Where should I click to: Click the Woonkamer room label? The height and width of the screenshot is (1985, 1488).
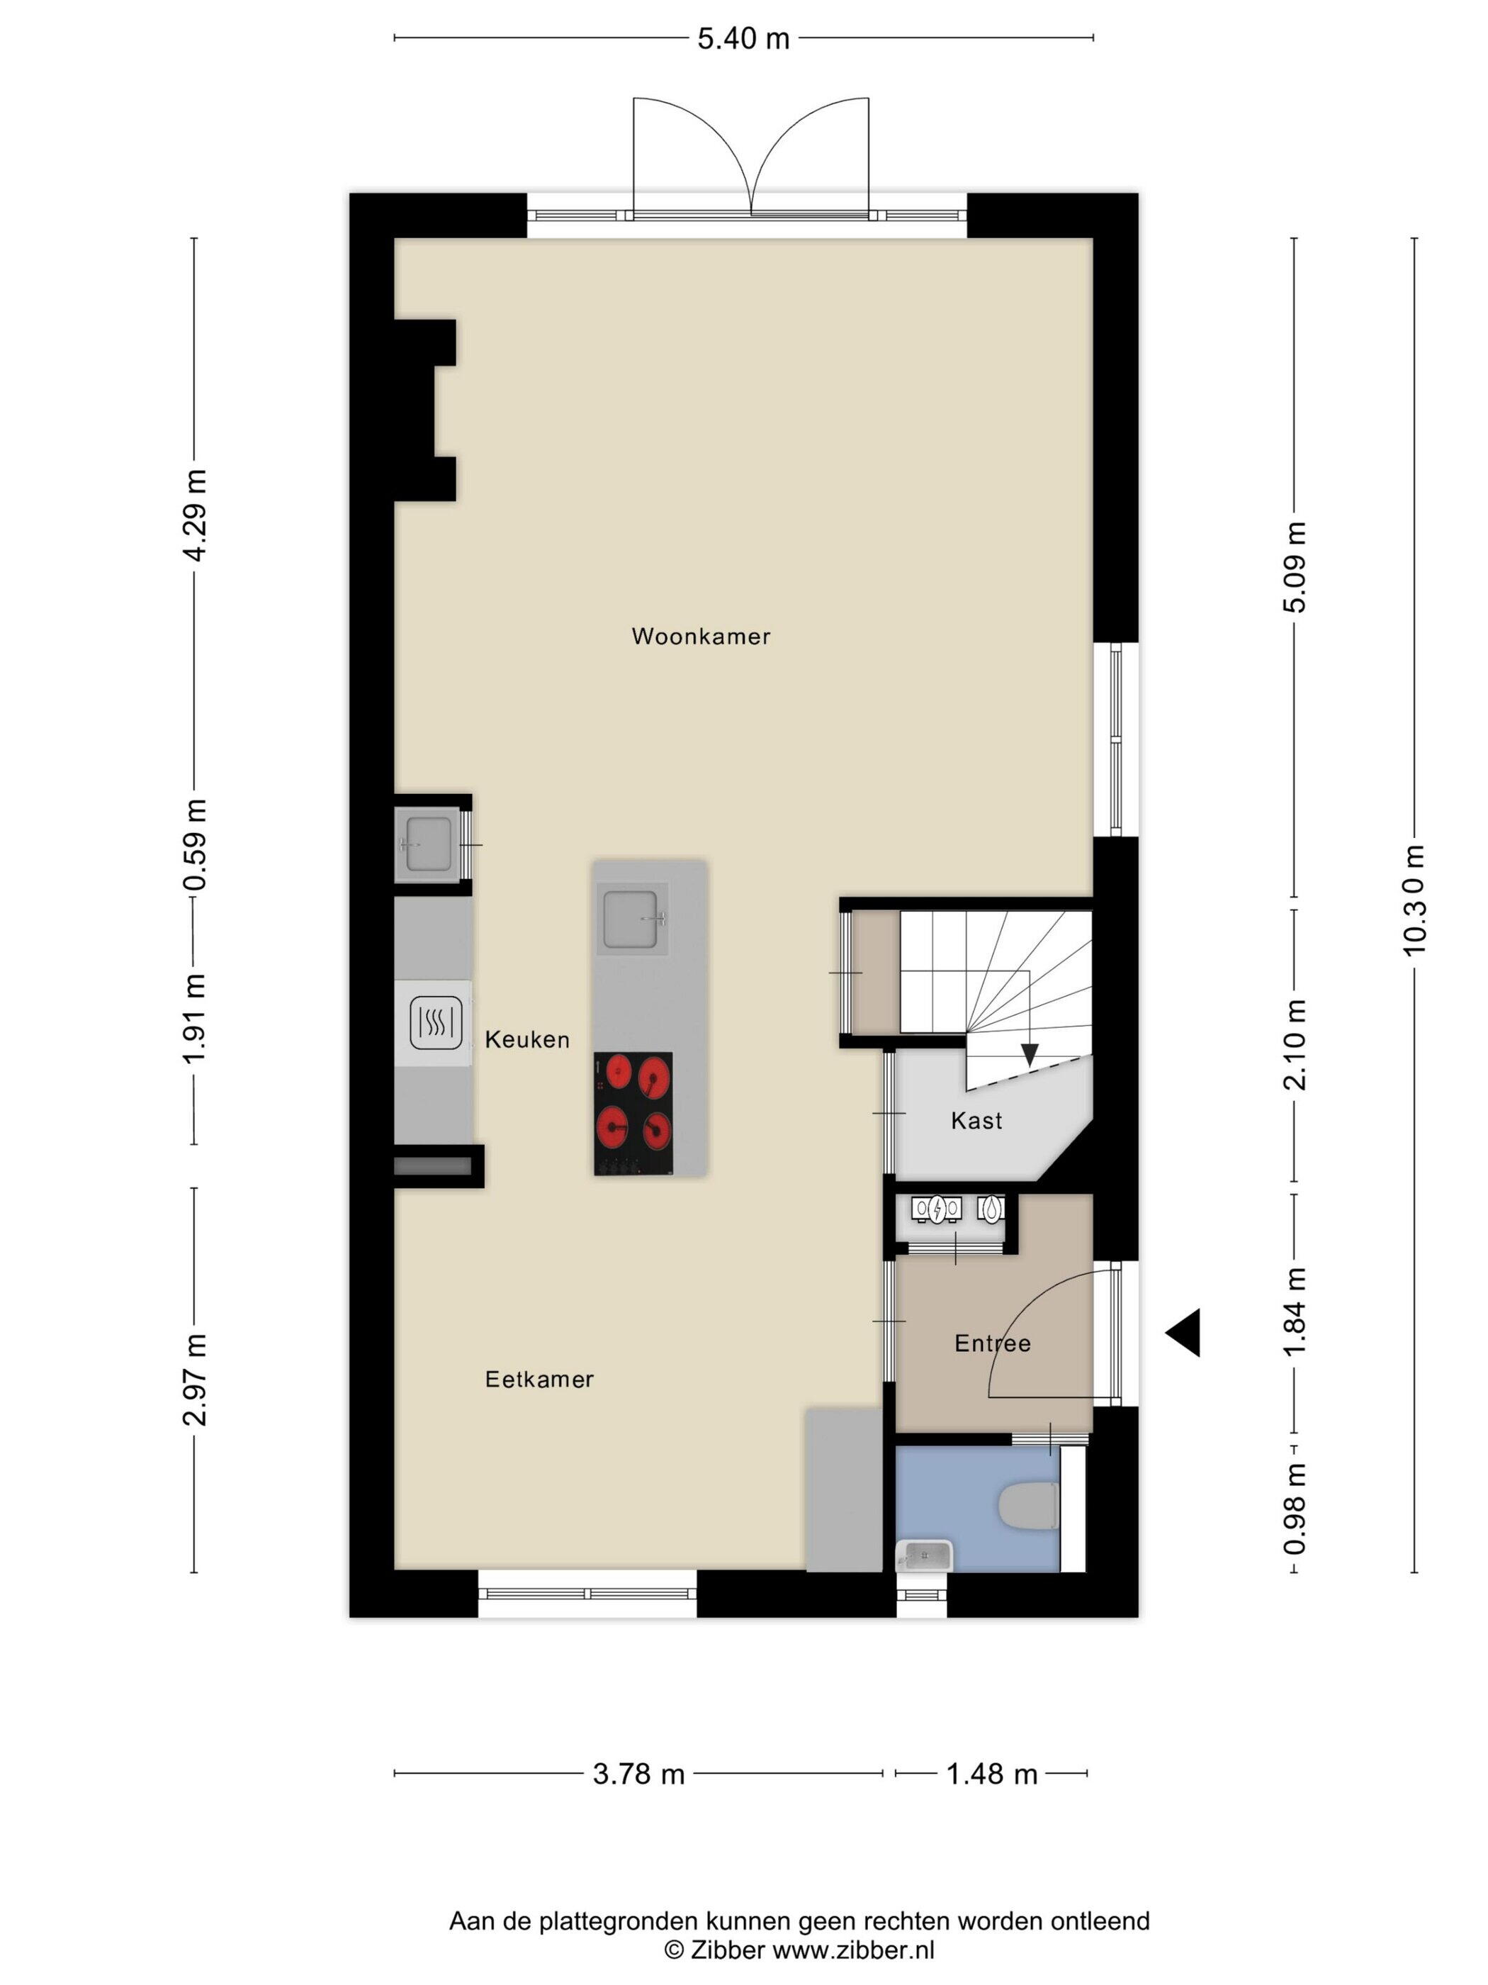pos(701,636)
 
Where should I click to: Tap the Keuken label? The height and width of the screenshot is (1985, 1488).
pos(527,1039)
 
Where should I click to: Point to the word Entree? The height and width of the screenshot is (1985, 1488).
pos(992,1343)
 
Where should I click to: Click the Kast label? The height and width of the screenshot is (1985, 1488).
pos(976,1120)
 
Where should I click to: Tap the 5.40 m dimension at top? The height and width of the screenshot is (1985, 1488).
pos(743,38)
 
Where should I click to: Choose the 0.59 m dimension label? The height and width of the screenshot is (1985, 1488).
pos(195,844)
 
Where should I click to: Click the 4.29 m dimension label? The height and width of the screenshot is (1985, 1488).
pos(195,514)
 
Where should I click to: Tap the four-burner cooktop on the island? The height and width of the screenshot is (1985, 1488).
pos(632,1114)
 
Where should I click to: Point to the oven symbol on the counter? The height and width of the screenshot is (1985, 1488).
pos(435,1023)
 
